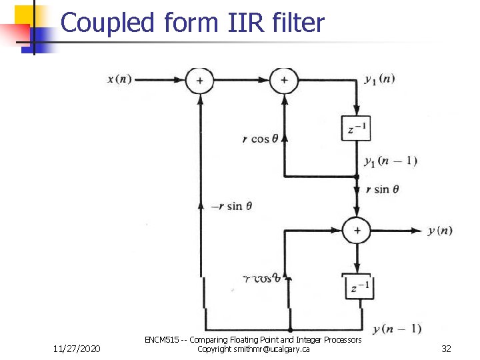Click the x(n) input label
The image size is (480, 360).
(x=120, y=79)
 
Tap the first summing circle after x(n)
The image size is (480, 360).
(x=199, y=80)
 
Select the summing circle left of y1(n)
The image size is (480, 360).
(x=284, y=80)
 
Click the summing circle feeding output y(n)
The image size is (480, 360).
(x=357, y=231)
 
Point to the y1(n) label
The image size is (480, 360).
(x=379, y=79)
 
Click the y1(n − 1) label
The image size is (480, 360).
(x=390, y=161)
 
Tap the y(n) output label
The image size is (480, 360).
(x=440, y=231)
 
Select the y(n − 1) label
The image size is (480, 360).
(x=397, y=328)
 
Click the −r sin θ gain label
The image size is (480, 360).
(x=231, y=206)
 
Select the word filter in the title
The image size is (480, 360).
(x=299, y=23)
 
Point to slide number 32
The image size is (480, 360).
(x=446, y=349)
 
